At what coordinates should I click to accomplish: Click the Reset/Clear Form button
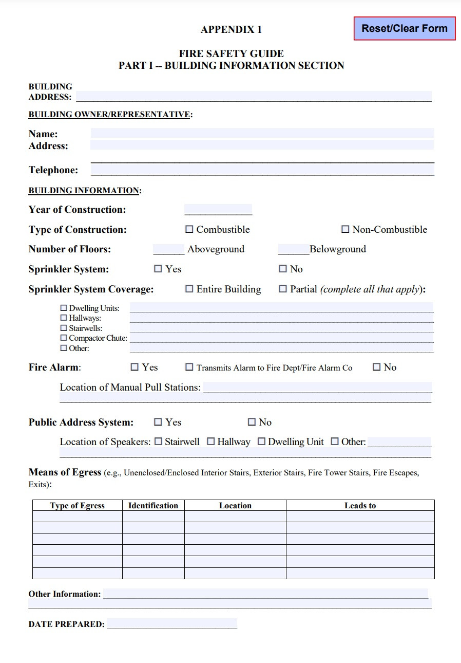pos(405,29)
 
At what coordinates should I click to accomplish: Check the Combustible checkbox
pos(189,229)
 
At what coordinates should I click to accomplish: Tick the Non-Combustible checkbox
pos(345,229)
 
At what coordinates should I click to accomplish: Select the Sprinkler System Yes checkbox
pos(158,268)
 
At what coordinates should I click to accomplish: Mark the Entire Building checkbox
pos(189,289)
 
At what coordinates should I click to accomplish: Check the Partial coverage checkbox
pos(283,289)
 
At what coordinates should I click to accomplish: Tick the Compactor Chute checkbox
pos(64,338)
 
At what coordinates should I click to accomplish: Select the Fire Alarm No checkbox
pos(377,367)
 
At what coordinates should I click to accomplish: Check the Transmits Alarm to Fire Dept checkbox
pos(189,367)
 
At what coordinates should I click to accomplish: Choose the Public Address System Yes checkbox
pos(158,422)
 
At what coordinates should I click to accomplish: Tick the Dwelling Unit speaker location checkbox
pos(262,441)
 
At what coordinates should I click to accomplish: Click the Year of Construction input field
pos(218,209)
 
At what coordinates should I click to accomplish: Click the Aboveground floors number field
pos(168,249)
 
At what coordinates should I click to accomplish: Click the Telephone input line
pos(262,170)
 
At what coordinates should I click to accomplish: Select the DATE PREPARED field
pos(172,624)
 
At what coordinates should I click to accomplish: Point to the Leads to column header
pos(360,505)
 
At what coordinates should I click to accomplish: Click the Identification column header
pos(153,505)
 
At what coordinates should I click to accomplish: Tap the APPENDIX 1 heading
pos(231,29)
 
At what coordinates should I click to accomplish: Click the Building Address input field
pos(254,96)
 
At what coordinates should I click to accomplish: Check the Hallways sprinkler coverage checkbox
pos(64,318)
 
